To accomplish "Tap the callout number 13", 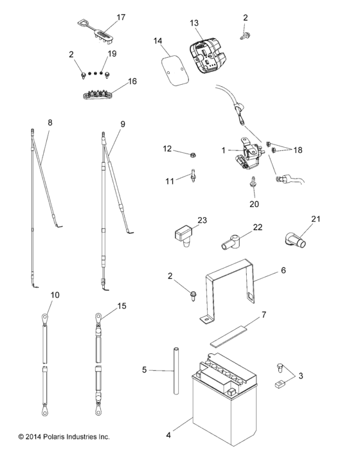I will click(x=194, y=23).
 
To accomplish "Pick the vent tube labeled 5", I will click(x=174, y=371).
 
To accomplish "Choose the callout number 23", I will click(x=203, y=220).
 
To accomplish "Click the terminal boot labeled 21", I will click(x=294, y=240).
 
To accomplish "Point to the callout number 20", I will click(x=253, y=205).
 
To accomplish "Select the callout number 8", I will click(x=50, y=121).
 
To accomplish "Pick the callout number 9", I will click(x=122, y=123).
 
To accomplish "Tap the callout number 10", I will click(x=55, y=295).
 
